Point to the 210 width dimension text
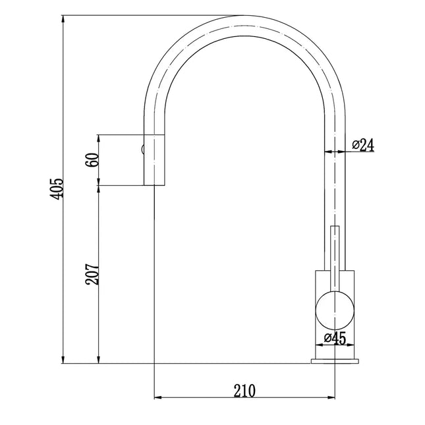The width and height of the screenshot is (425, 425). tap(244, 390)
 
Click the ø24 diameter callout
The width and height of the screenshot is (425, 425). tap(363, 145)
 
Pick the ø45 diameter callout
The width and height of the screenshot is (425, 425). tap(335, 339)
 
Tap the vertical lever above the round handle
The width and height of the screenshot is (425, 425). tap(335, 257)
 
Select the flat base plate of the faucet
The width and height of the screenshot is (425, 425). tap(335, 360)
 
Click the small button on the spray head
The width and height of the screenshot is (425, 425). tap(141, 149)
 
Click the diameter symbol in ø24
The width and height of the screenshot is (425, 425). tap(355, 145)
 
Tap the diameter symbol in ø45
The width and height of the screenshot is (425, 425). tap(327, 339)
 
